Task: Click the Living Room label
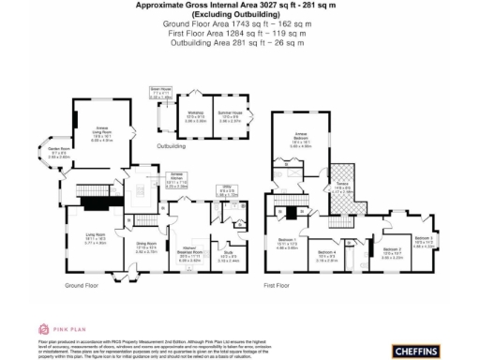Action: (96, 236)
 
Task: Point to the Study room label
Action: (228, 252)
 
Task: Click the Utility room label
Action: (225, 191)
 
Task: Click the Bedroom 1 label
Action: (288, 244)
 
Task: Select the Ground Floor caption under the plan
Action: (82, 285)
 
